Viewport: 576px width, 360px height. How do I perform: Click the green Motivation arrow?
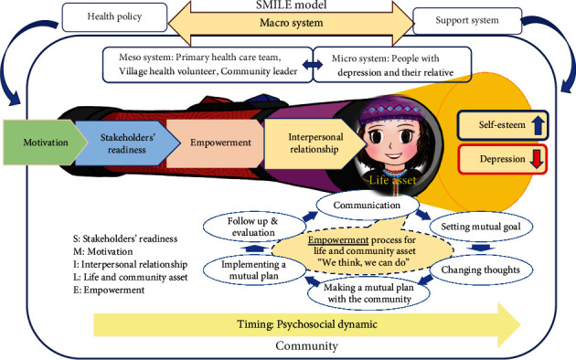pos(37,143)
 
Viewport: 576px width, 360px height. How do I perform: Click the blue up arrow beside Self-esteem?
pos(537,122)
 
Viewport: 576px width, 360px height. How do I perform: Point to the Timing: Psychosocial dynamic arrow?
pos(302,323)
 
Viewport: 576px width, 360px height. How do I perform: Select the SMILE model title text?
pos(290,6)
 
